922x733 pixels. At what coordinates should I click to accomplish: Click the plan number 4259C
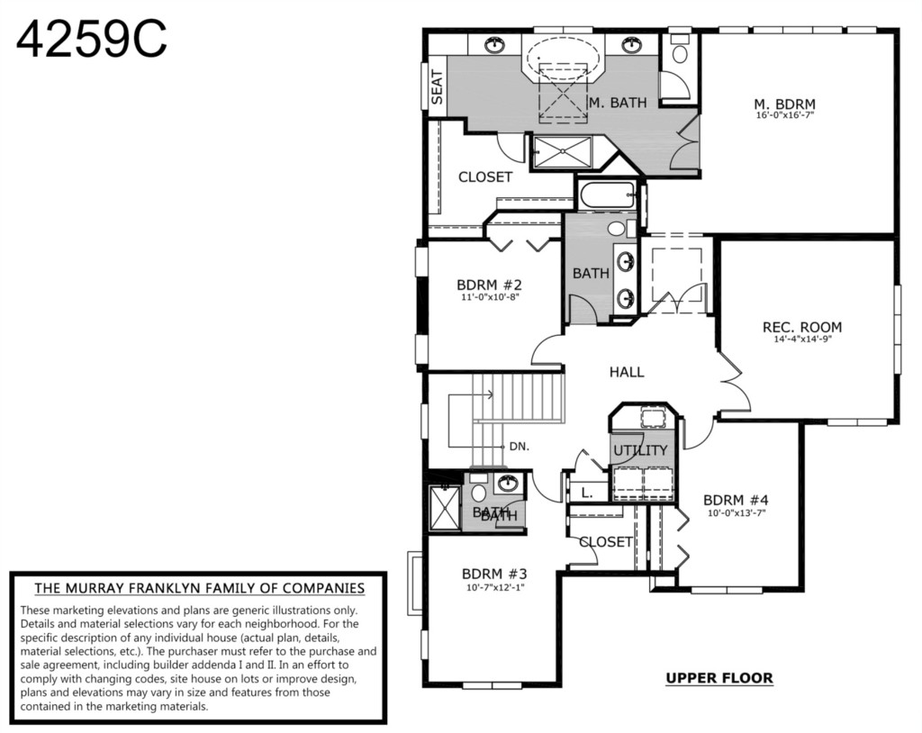tap(92, 40)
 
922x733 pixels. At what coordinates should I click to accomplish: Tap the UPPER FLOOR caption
tap(719, 678)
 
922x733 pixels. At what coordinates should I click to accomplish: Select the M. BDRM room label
tap(784, 104)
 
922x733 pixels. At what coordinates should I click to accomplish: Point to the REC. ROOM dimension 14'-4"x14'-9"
tap(802, 339)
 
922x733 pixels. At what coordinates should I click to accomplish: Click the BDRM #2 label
tap(489, 285)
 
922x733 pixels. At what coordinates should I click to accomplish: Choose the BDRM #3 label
tap(494, 574)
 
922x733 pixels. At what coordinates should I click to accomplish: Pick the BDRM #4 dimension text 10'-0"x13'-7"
tap(737, 513)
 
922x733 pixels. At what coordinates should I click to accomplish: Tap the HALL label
tap(627, 372)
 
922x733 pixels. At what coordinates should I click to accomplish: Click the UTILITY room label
tap(640, 450)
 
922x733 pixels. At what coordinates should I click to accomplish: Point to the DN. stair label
tap(520, 447)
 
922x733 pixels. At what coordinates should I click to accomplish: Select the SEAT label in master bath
tap(437, 87)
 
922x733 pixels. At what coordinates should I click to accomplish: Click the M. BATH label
tap(618, 103)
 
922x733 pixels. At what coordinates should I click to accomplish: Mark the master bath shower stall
tap(563, 152)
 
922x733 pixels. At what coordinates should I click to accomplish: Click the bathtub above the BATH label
tap(608, 195)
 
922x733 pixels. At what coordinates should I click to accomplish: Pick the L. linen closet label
tap(587, 493)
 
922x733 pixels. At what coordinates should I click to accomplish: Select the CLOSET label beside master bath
tap(485, 177)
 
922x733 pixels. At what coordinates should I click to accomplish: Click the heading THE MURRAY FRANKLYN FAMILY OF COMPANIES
tap(199, 588)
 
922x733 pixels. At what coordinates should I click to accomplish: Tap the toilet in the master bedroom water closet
tap(680, 50)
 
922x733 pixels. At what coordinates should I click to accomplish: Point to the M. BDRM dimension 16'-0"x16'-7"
tap(785, 115)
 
